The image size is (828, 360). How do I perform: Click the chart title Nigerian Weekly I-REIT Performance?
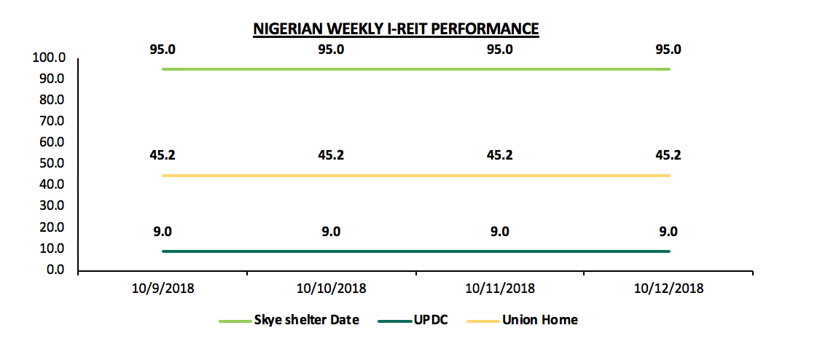(x=396, y=29)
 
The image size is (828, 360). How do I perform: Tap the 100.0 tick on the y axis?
(x=50, y=57)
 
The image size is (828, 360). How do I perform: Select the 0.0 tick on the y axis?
(x=56, y=270)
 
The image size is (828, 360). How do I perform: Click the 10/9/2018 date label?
(x=163, y=289)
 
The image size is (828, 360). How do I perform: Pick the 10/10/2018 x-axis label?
(x=331, y=289)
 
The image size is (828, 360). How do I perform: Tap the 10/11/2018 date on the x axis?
(x=499, y=289)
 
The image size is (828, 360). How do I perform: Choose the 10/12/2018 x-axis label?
(x=668, y=289)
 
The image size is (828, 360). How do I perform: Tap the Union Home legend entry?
(x=540, y=320)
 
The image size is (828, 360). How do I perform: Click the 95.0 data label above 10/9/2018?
(x=163, y=50)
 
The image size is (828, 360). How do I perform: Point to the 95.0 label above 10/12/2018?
(x=668, y=50)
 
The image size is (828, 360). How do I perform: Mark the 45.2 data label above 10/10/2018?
(x=331, y=155)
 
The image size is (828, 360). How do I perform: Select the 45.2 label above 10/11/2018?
(x=499, y=155)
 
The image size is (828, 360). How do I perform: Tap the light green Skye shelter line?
(x=415, y=69)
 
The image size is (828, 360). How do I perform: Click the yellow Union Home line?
(x=415, y=176)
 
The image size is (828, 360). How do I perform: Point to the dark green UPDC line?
(x=415, y=251)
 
